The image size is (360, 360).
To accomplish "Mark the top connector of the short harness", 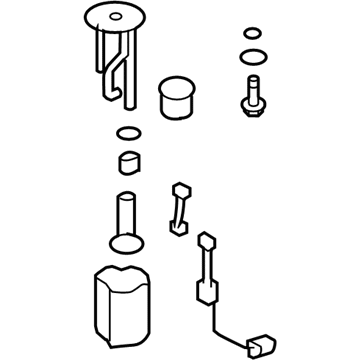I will pos(180,190).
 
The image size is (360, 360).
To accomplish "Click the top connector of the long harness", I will pos(207,241).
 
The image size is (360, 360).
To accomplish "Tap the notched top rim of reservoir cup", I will pos(125,273).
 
